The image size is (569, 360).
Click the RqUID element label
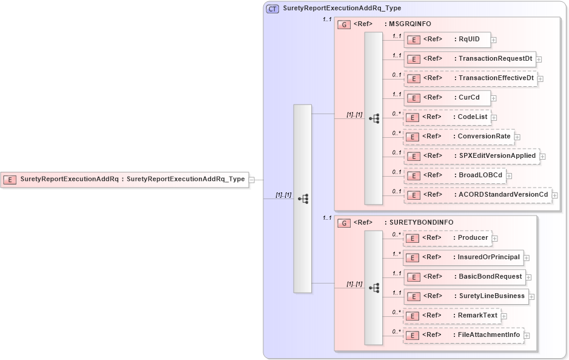(x=468, y=39)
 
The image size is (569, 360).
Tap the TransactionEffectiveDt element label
(x=496, y=78)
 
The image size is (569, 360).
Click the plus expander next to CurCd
(x=494, y=98)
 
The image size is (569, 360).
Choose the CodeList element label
(x=472, y=117)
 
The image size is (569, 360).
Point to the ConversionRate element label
(x=484, y=137)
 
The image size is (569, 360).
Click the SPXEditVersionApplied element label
(x=497, y=156)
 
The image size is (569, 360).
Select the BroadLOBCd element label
(x=480, y=175)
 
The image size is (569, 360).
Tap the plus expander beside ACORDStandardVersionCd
(x=554, y=195)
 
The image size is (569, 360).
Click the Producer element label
(x=473, y=238)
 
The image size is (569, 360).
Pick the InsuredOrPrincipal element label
(x=488, y=257)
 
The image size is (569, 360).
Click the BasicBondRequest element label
(x=490, y=277)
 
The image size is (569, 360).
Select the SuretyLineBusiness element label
(x=491, y=296)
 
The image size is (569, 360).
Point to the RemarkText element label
(x=477, y=316)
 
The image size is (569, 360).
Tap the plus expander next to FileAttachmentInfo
(x=527, y=335)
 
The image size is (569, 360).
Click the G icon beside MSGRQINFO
(x=344, y=24)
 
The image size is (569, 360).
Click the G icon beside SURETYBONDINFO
(x=344, y=223)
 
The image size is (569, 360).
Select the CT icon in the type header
(x=273, y=8)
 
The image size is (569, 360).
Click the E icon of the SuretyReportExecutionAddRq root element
(x=10, y=179)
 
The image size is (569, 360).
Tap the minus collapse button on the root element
(x=252, y=179)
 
